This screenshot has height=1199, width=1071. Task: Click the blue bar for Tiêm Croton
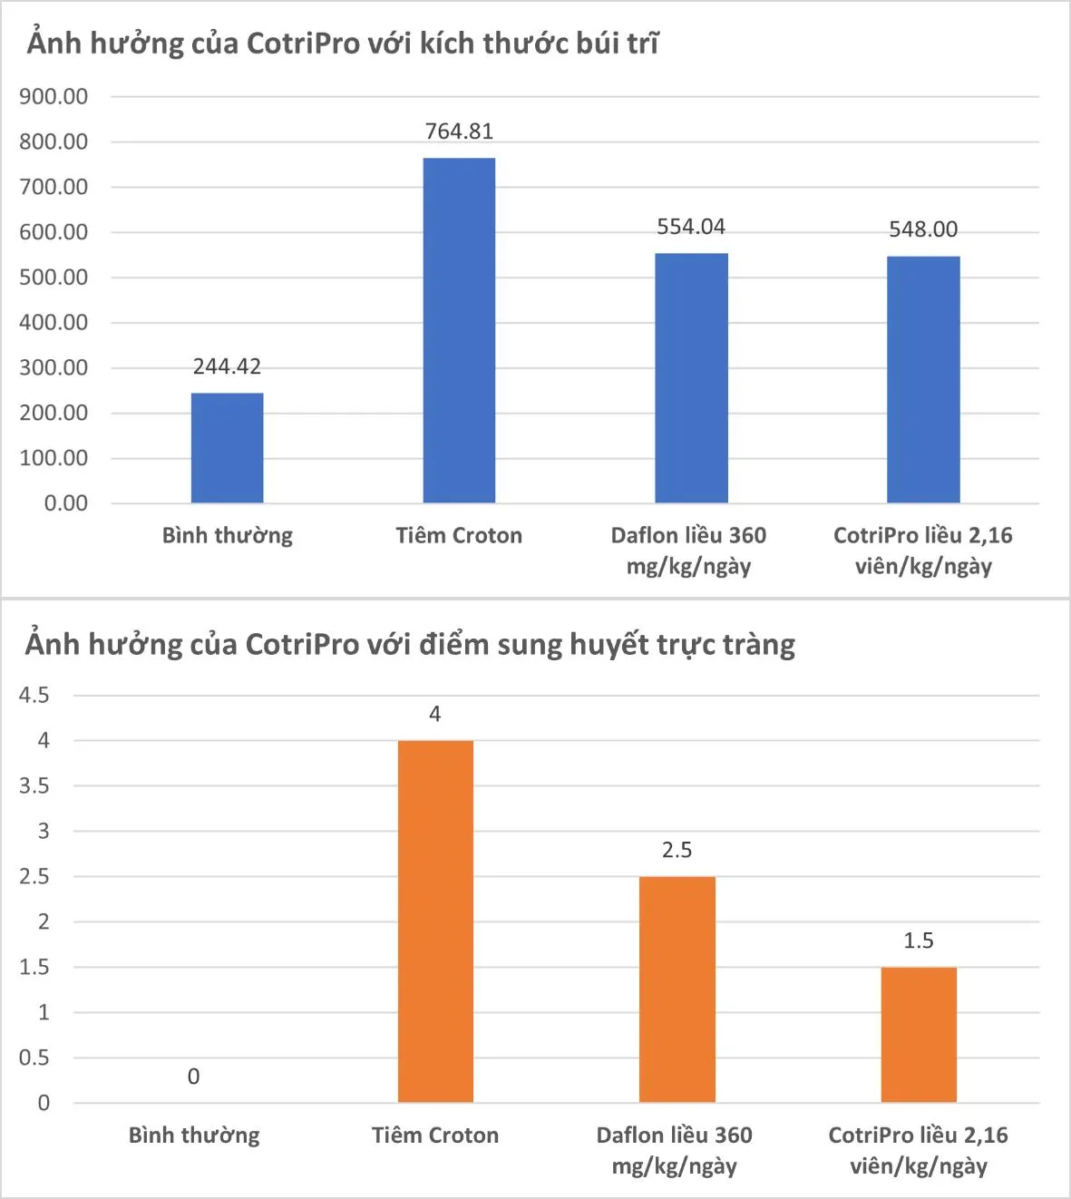click(x=459, y=331)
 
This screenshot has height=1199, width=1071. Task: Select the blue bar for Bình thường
click(x=227, y=448)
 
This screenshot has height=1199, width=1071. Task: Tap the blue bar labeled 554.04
click(x=691, y=378)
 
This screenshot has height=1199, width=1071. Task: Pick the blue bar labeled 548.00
click(x=923, y=380)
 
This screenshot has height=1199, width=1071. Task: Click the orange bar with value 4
click(x=435, y=921)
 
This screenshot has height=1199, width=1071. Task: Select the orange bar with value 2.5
click(x=677, y=989)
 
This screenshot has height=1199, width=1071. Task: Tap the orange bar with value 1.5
click(x=919, y=1035)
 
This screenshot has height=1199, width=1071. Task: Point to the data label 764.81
click(x=459, y=132)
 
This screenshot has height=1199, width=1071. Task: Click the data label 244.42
click(x=227, y=366)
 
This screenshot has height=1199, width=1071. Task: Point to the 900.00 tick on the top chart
click(x=54, y=97)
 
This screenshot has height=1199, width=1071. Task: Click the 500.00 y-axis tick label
click(x=54, y=278)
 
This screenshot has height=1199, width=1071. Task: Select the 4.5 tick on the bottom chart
click(x=34, y=696)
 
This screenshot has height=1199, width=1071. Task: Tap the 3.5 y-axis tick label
click(x=34, y=786)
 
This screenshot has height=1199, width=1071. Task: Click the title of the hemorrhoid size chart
click(x=343, y=44)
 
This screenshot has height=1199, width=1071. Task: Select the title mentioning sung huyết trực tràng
click(x=410, y=645)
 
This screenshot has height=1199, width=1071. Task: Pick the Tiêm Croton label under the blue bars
click(x=459, y=536)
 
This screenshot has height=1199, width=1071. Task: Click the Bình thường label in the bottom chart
click(x=194, y=1136)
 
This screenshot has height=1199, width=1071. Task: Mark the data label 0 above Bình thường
click(x=193, y=1077)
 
